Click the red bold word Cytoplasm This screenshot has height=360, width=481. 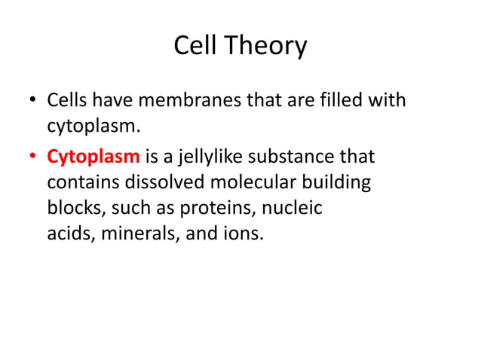point(93,158)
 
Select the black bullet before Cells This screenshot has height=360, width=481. point(33,100)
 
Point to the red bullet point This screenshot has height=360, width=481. point(33,158)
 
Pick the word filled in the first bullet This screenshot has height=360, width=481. point(351,99)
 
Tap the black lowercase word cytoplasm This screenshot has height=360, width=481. point(84,125)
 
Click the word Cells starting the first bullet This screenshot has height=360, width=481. point(67,99)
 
